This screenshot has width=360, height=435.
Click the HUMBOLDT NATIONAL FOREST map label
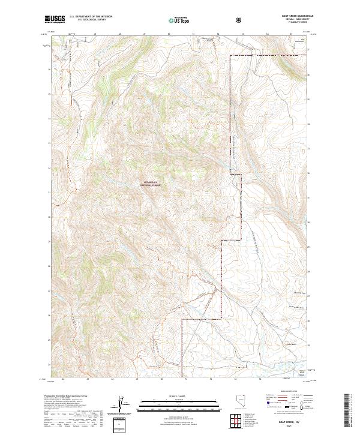point(152,185)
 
